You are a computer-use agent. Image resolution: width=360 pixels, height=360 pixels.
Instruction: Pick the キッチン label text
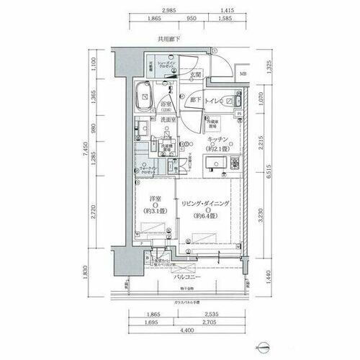click(219, 140)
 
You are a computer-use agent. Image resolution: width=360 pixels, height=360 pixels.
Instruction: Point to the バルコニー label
click(186, 276)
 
